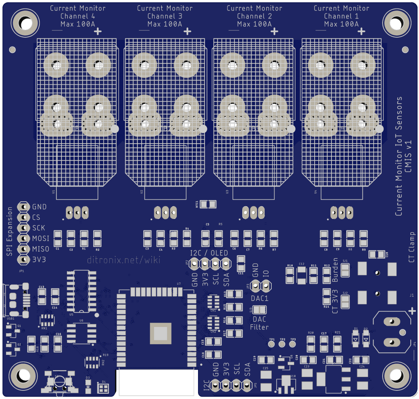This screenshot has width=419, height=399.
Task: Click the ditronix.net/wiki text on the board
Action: coord(124,259)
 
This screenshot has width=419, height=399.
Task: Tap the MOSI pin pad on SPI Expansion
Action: coord(23,238)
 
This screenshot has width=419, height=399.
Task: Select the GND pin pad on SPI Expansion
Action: coord(23,207)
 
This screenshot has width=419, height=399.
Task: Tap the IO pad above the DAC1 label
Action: coord(267,284)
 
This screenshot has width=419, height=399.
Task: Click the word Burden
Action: coord(335,270)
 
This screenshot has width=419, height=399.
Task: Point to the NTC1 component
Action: coord(208,204)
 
